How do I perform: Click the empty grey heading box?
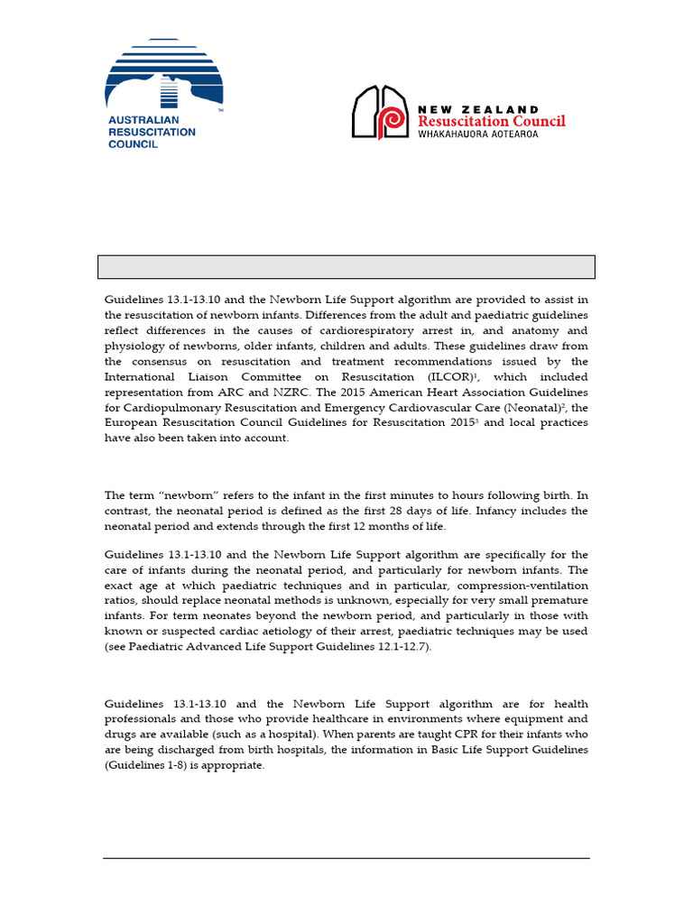coord(346,267)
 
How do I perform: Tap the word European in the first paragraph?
coord(132,422)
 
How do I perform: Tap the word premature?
coord(557,600)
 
